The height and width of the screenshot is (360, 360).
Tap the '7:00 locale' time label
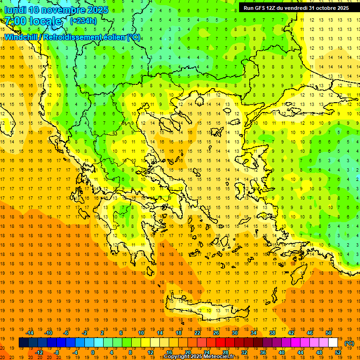pyautogui.click(x=33, y=21)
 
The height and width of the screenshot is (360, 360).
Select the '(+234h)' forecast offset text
pyautogui.click(x=83, y=21)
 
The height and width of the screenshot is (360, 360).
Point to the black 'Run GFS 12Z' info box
pyautogui.click(x=296, y=8)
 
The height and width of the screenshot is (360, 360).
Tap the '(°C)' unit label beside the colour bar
pyautogui.click(x=349, y=343)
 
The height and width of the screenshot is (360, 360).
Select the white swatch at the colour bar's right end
pyautogui.click(x=333, y=343)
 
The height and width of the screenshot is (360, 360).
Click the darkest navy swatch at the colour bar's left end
pyautogui.click(x=23, y=343)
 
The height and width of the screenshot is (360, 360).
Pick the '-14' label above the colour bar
pyautogui.click(x=31, y=333)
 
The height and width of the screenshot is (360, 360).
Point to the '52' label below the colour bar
pyautogui.click(x=338, y=352)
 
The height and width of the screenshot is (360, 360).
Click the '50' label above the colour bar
pyautogui.click(x=329, y=333)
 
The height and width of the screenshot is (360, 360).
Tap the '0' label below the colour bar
pyautogui.click(x=93, y=352)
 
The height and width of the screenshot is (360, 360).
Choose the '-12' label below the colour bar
pyautogui.click(x=39, y=352)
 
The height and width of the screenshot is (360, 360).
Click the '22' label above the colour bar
pyautogui.click(x=197, y=333)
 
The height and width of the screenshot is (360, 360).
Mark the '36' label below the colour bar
pyautogui.click(x=263, y=352)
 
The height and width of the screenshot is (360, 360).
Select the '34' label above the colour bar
pyautogui.click(x=254, y=333)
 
